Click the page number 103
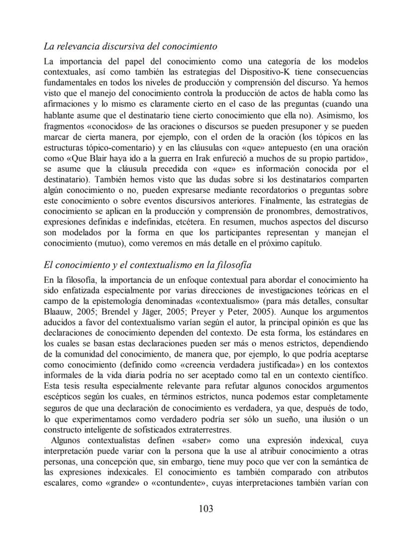(206, 508)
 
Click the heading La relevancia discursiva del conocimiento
(130, 47)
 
